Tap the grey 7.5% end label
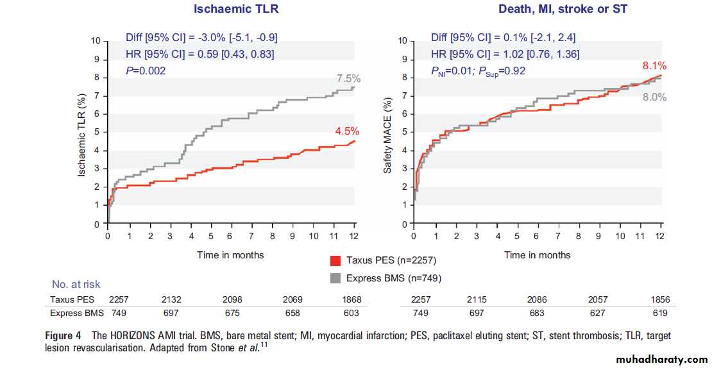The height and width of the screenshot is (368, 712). tap(349, 79)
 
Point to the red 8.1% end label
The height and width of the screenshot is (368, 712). tap(655, 65)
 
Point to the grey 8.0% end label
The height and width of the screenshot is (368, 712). tap(655, 98)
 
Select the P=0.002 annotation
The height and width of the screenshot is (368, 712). tap(146, 71)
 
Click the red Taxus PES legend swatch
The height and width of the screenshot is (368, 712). tap(335, 261)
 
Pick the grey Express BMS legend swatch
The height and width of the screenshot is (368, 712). tap(335, 278)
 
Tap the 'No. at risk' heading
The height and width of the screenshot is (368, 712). tap(76, 284)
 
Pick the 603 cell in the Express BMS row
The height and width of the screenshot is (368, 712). tap(352, 313)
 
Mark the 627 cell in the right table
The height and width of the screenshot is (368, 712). tap(598, 313)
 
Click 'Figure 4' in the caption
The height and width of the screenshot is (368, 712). tap(63, 336)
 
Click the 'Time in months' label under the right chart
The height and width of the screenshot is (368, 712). tap(537, 255)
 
